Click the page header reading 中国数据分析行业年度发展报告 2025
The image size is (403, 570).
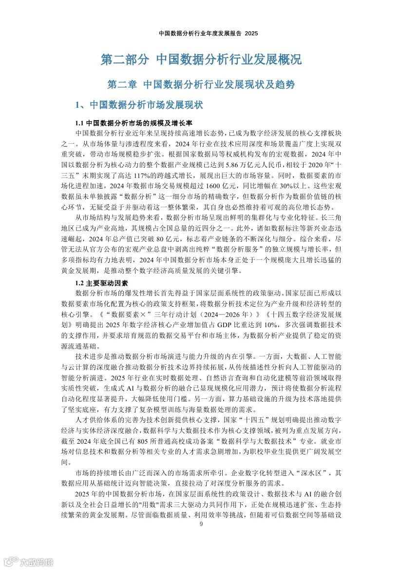[x=201, y=34]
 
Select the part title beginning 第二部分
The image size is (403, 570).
[x=201, y=59]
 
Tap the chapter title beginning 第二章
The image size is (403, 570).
[x=201, y=84]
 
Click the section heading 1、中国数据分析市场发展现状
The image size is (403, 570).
[x=138, y=105]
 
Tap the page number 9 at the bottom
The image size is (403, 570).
[x=201, y=524]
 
